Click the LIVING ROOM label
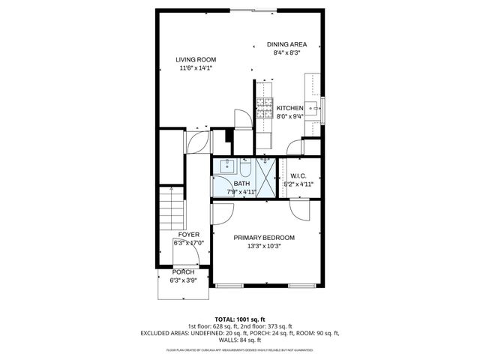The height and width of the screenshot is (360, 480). pos(196,60)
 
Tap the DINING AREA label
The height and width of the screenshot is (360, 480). pos(286,44)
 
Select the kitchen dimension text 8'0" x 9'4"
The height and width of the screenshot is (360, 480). pos(289,116)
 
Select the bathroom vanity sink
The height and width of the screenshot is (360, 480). pos(227,166)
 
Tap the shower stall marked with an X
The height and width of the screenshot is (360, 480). pos(266,177)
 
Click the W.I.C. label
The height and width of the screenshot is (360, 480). pos(298,176)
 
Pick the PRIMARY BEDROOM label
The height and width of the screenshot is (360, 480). pos(264,238)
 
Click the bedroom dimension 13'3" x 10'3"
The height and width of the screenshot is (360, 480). pos(264,246)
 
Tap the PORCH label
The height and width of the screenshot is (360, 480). pos(183,272)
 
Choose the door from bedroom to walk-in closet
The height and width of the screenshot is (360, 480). pos(298,210)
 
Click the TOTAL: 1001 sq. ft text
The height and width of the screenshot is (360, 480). pos(240,319)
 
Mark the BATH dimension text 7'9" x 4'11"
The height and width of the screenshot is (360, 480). pos(241,192)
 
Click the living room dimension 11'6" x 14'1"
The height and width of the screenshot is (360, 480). pos(196,68)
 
